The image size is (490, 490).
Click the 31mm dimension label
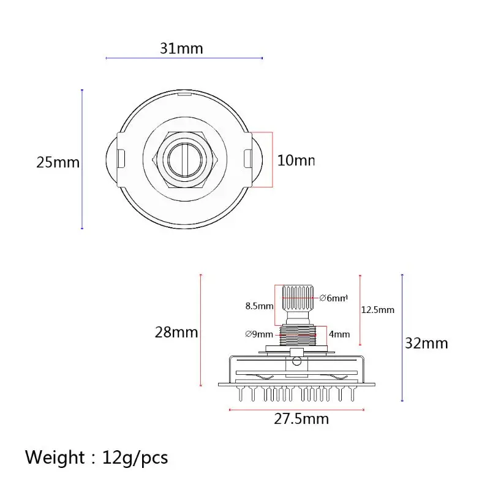point(181,48)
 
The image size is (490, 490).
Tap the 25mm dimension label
point(58,162)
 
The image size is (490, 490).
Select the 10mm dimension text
point(296,160)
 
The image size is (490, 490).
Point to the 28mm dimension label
point(176,332)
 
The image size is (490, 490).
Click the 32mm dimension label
point(427,342)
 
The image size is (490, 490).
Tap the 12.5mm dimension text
point(378,310)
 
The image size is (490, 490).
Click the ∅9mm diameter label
point(258,334)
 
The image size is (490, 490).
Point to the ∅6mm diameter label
point(333,298)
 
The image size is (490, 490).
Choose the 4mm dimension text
point(339,334)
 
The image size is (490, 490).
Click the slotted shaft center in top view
point(184,159)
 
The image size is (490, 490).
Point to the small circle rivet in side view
point(297,361)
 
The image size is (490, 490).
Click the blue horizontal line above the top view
point(184,58)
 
